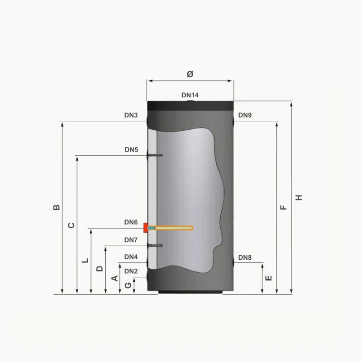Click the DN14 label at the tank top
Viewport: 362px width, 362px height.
point(190,95)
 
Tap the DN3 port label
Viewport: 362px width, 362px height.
point(131,115)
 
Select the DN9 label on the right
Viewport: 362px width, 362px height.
point(245,115)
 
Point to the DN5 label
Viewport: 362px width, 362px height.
point(131,150)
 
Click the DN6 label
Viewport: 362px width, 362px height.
point(131,222)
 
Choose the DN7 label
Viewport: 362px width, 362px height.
point(131,240)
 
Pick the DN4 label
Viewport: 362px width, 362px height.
point(131,257)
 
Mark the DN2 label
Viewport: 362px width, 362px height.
point(131,271)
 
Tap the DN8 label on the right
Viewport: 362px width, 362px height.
point(245,257)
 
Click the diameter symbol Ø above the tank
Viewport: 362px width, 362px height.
point(190,74)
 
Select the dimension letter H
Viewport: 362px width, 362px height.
point(299,198)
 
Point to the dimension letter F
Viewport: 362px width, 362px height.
point(284,207)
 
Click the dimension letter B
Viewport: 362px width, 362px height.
point(56,207)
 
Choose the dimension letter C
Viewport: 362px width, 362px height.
point(71,225)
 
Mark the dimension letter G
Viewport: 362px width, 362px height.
point(128,285)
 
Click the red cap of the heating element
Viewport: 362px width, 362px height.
point(145,228)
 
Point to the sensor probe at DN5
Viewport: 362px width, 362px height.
point(155,156)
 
